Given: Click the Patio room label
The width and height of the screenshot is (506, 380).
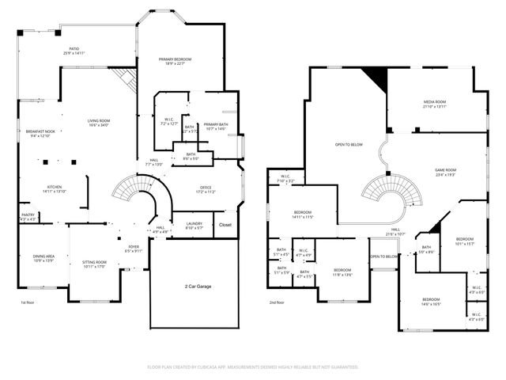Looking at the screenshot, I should tap(74, 51).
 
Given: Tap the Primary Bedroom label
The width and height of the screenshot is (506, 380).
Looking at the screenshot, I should tap(175, 60).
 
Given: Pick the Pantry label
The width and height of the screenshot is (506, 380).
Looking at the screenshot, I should tap(27, 216).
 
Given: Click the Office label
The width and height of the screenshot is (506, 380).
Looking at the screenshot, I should tap(205, 189).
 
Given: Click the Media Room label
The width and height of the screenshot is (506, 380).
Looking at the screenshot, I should tap(435, 104).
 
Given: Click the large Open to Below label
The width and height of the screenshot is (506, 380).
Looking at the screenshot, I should tap(349, 144).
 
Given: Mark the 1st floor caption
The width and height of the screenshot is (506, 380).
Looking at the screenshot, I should tap(28, 302).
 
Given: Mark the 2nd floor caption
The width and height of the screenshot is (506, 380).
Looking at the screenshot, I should tap(276, 302).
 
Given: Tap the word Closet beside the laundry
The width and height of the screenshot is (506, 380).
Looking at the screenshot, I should tap(225, 225).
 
